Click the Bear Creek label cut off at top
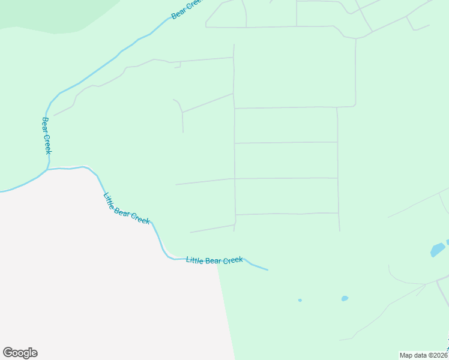187,9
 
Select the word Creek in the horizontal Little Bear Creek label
232,260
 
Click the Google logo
20,353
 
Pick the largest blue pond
438,250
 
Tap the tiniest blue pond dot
300,300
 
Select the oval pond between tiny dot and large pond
345,298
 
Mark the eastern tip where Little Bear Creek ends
267,269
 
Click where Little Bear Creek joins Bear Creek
46,170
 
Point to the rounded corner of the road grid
354,105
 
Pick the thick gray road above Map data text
442,291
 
